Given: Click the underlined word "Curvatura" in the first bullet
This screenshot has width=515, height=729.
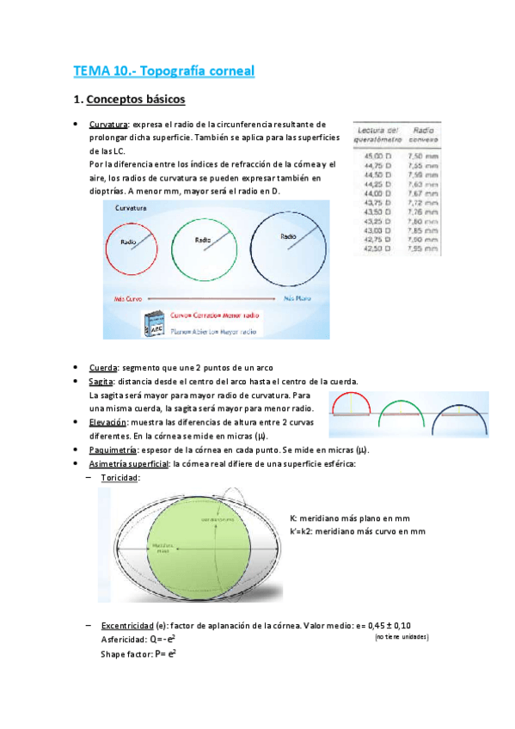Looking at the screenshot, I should (109, 125).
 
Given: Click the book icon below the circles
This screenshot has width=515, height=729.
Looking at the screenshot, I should (156, 323).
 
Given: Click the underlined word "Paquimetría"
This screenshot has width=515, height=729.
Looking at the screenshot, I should (113, 450).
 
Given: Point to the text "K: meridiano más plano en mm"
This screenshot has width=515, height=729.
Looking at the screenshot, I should (349, 518).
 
